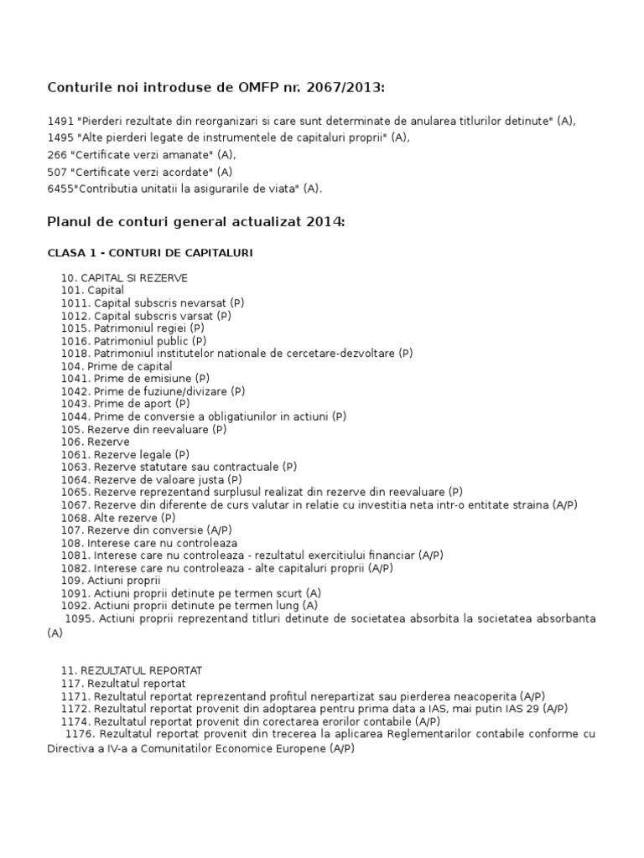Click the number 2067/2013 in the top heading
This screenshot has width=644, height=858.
351,90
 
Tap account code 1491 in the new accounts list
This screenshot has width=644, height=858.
60,121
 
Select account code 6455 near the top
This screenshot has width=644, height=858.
60,189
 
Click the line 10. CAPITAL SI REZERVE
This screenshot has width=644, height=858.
124,277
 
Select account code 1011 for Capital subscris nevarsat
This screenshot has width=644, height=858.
74,302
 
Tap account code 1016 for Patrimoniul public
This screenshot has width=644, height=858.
74,341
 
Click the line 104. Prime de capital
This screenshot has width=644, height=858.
117,366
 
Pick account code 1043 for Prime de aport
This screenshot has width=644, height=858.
74,404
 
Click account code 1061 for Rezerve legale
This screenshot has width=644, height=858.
74,454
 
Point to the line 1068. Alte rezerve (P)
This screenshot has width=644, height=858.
118,518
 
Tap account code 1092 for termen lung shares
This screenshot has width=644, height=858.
74,605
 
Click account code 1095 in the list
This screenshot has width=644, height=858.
79,618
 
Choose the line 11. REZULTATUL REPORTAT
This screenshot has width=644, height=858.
132,670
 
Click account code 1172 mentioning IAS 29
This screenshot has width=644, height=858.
74,708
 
